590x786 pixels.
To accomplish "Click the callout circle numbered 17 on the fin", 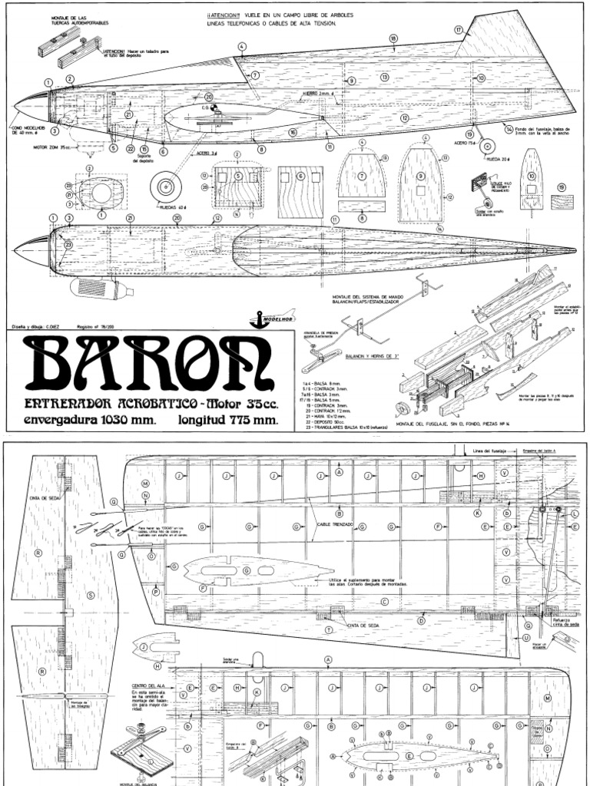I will point(459,30).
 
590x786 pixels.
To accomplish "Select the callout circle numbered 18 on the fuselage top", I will point(393,38).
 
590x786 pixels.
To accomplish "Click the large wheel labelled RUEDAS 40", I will point(165,186).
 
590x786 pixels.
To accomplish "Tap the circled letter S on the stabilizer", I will point(91,595).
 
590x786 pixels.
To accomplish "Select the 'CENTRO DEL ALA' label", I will point(150,684).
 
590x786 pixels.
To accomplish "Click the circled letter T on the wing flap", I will point(329,629).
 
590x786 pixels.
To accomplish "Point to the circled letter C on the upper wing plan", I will point(383,602).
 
